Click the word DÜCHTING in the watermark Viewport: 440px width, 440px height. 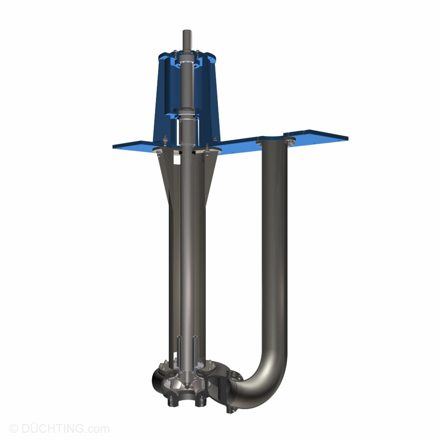[52, 428]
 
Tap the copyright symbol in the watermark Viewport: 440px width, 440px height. [13, 428]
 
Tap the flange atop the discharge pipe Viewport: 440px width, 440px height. [275, 141]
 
